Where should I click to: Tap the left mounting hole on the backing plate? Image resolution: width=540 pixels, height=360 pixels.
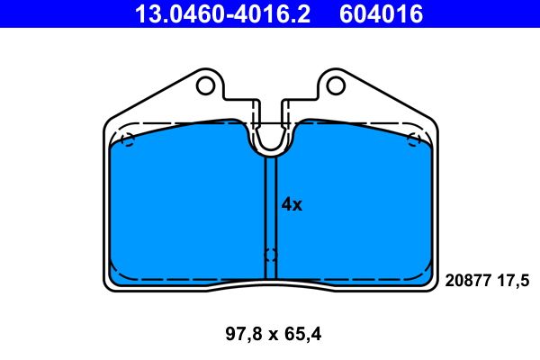click(205, 86)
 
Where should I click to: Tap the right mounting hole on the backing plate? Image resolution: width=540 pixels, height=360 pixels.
click(337, 86)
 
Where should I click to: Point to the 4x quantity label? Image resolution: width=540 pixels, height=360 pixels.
click(292, 204)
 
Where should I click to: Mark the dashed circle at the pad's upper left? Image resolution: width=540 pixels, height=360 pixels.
click(127, 139)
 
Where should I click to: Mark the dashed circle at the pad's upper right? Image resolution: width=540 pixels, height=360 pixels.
click(414, 139)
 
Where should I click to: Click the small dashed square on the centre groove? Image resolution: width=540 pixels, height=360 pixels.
click(271, 255)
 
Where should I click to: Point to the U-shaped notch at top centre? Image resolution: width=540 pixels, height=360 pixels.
click(271, 139)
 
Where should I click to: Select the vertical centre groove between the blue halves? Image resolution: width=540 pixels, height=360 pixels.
click(271, 207)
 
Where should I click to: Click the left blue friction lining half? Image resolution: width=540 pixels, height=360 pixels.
click(184, 207)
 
